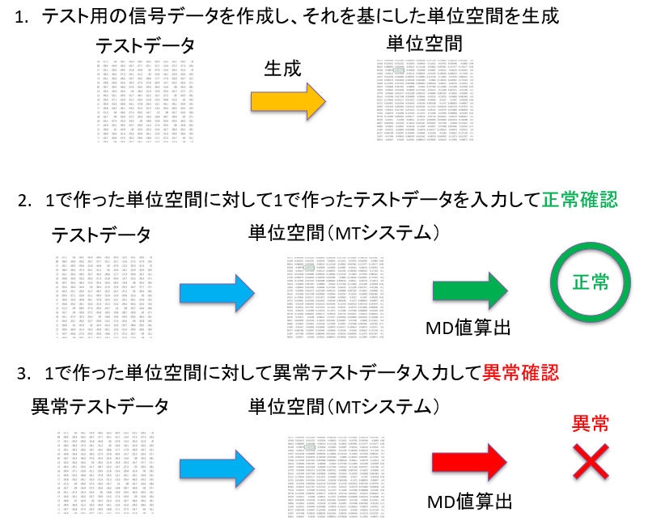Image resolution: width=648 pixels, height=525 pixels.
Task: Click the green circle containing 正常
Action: [591, 282]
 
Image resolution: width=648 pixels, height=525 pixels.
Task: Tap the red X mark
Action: [591, 464]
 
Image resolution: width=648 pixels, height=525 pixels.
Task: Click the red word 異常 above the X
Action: [591, 423]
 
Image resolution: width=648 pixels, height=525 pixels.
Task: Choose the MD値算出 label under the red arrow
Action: [469, 502]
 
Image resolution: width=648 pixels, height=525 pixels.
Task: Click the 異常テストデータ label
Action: [100, 405]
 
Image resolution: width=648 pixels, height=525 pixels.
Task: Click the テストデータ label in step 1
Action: [145, 43]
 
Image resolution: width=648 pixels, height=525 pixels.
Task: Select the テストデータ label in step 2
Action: [101, 235]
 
